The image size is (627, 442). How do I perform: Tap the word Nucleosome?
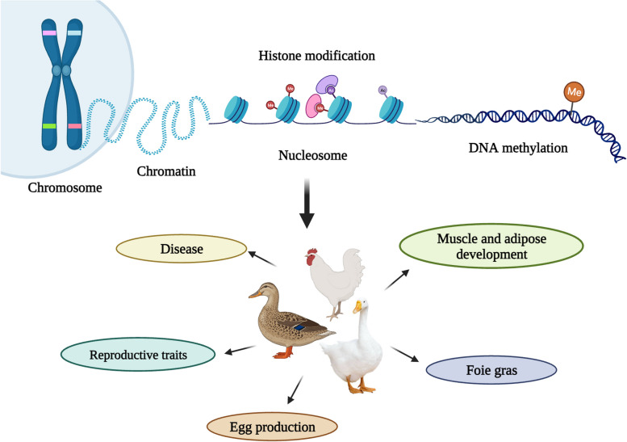pos(313,156)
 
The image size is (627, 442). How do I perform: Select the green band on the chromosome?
pos(49,127)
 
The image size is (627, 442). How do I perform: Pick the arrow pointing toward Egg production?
pos(293,390)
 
